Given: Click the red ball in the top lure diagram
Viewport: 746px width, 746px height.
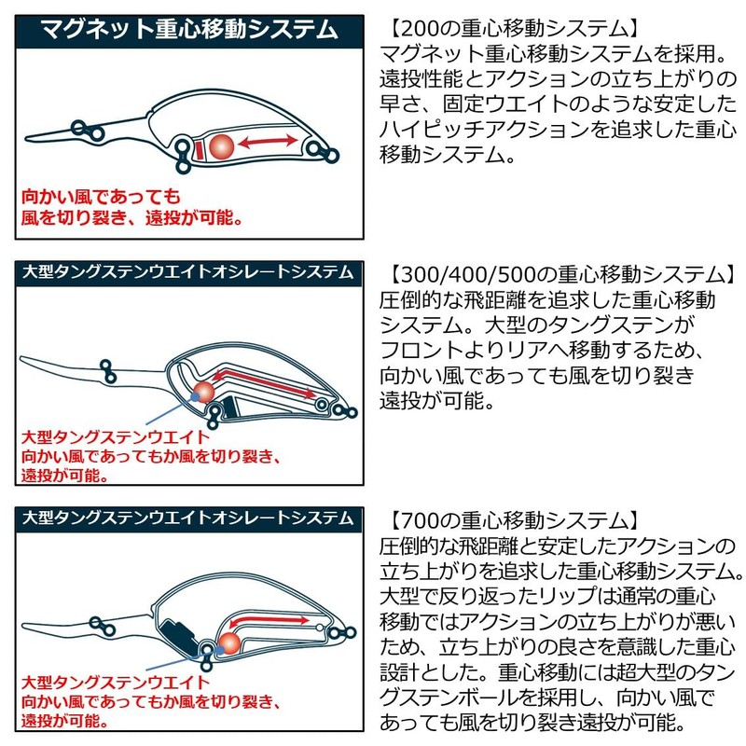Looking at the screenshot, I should click(x=222, y=145).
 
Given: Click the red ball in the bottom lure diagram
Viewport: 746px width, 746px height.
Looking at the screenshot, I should click(x=227, y=641).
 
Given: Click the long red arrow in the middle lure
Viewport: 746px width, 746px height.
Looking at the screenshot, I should click(x=270, y=382).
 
